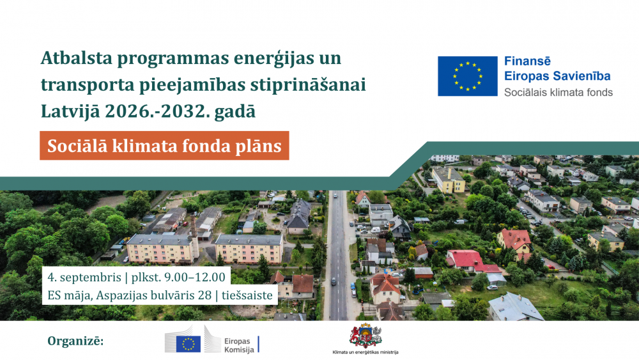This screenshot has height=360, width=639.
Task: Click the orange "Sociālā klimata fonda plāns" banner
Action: [164, 146]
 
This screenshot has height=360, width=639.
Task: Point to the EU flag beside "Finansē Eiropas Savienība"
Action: [468, 76]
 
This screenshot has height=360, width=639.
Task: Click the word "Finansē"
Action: [527, 61]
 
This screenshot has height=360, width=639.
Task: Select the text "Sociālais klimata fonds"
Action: [558, 93]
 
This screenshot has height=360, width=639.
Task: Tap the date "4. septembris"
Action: [84, 278]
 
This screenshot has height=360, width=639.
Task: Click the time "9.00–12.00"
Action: [194, 278]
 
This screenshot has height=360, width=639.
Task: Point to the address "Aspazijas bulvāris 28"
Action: [153, 295]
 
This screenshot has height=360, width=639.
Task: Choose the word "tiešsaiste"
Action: [247, 295]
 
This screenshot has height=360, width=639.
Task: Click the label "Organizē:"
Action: [75, 341]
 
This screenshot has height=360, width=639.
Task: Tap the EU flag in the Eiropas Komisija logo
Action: [189, 343]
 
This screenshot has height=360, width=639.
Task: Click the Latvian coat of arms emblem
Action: [365, 336]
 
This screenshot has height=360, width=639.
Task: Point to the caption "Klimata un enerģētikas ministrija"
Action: [365, 352]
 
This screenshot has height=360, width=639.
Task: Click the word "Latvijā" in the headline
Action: [70, 112]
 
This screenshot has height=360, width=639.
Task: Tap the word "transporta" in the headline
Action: [87, 86]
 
